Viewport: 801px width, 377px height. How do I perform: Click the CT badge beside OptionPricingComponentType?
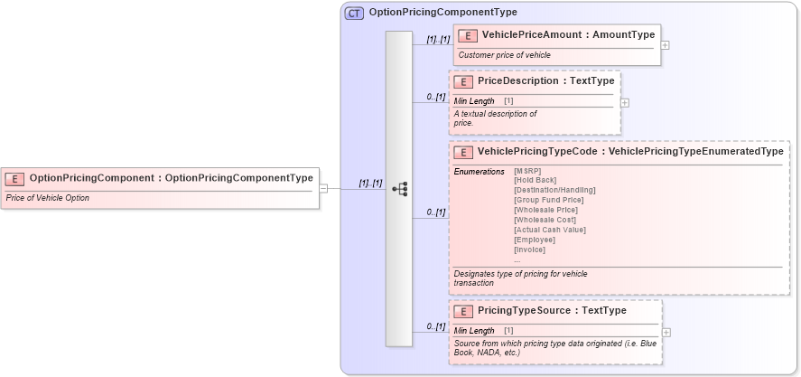[x=355, y=14]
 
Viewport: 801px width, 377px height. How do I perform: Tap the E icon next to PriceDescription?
[x=463, y=81]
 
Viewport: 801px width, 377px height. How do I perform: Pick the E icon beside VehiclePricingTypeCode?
[x=463, y=152]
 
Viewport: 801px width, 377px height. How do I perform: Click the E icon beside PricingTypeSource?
[x=463, y=311]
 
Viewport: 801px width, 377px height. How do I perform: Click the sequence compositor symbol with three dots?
[x=399, y=189]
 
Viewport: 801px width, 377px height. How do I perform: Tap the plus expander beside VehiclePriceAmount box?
[x=666, y=44]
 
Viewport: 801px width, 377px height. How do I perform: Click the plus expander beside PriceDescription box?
[x=625, y=102]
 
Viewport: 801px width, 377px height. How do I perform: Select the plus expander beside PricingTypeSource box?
[x=666, y=332]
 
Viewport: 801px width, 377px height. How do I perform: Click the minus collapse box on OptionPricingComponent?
[x=323, y=189]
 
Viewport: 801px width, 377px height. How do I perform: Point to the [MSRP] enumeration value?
[x=527, y=171]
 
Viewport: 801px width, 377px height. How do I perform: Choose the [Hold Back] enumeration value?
[x=535, y=180]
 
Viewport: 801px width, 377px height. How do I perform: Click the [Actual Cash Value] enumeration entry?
[x=549, y=230]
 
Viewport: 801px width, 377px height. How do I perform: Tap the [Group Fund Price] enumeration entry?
[x=548, y=200]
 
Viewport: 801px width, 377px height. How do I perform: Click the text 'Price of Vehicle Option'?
[x=47, y=198]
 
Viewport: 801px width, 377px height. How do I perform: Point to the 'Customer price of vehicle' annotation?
[x=504, y=55]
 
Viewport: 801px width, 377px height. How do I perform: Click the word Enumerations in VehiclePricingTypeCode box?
[x=479, y=172]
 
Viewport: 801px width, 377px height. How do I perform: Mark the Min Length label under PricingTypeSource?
[x=474, y=331]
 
